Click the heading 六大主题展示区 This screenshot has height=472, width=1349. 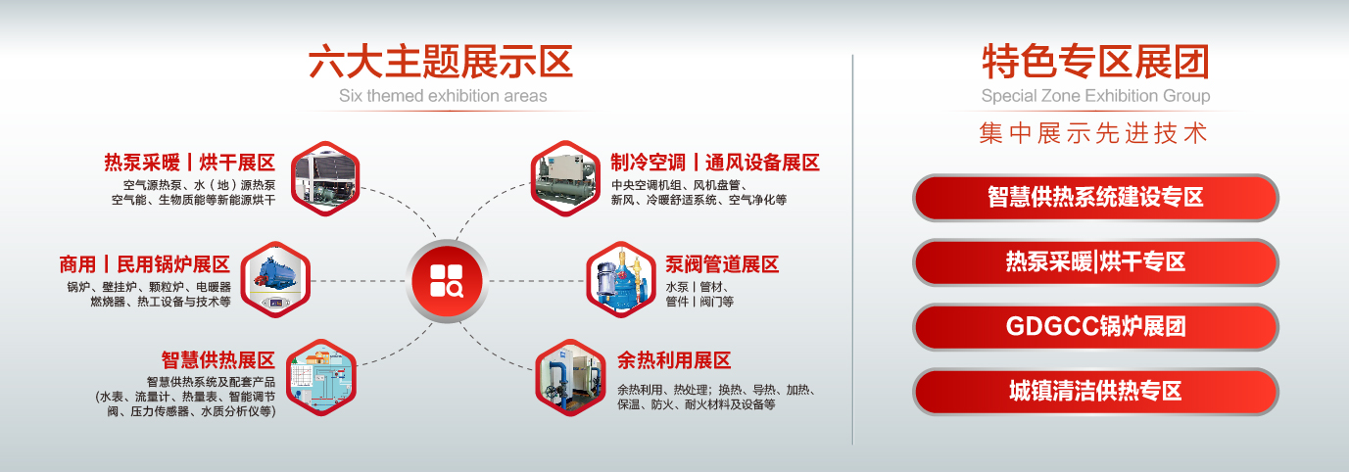point(440,62)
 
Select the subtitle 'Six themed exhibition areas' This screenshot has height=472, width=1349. point(443,96)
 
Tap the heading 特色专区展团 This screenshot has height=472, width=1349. point(1095,62)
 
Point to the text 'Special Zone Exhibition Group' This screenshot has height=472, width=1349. point(1095,96)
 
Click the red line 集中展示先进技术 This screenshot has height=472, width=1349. point(1093,133)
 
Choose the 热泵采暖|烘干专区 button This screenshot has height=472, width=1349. point(1095,262)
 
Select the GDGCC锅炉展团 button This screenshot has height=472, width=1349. point(1095,327)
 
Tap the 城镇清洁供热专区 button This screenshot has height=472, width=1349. point(1095,392)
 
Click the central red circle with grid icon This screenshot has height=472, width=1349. point(447,281)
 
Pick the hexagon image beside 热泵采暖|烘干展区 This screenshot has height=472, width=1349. point(325,179)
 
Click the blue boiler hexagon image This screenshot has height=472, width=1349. point(275,279)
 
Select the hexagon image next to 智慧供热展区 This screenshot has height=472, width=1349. point(321,378)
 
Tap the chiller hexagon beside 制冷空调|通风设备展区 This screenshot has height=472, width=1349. point(565,179)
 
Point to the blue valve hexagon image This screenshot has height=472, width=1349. point(621,279)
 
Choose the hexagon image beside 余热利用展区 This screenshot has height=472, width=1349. point(570,378)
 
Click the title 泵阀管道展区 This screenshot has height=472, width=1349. point(722,264)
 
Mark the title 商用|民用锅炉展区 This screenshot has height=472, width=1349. point(145,264)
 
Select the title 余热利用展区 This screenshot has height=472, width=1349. point(674,360)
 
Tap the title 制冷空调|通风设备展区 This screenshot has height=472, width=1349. point(715,163)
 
